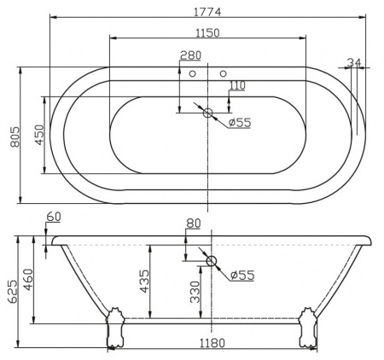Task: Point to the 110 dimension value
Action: (236, 85)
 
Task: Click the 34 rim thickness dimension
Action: (354, 63)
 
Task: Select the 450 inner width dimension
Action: (38, 134)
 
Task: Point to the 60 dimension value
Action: (54, 218)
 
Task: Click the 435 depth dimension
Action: (143, 279)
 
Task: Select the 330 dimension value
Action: (195, 293)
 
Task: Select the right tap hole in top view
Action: (224, 74)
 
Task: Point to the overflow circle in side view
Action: (212, 261)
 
